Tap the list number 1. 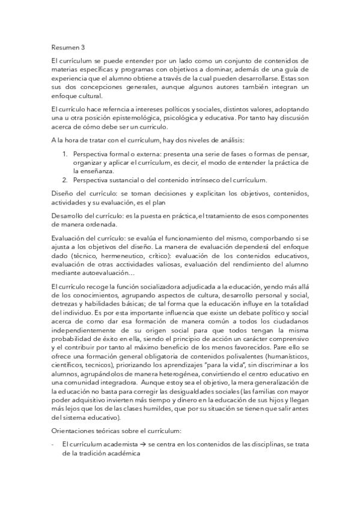coord(66,154)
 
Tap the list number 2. coord(66,180)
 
